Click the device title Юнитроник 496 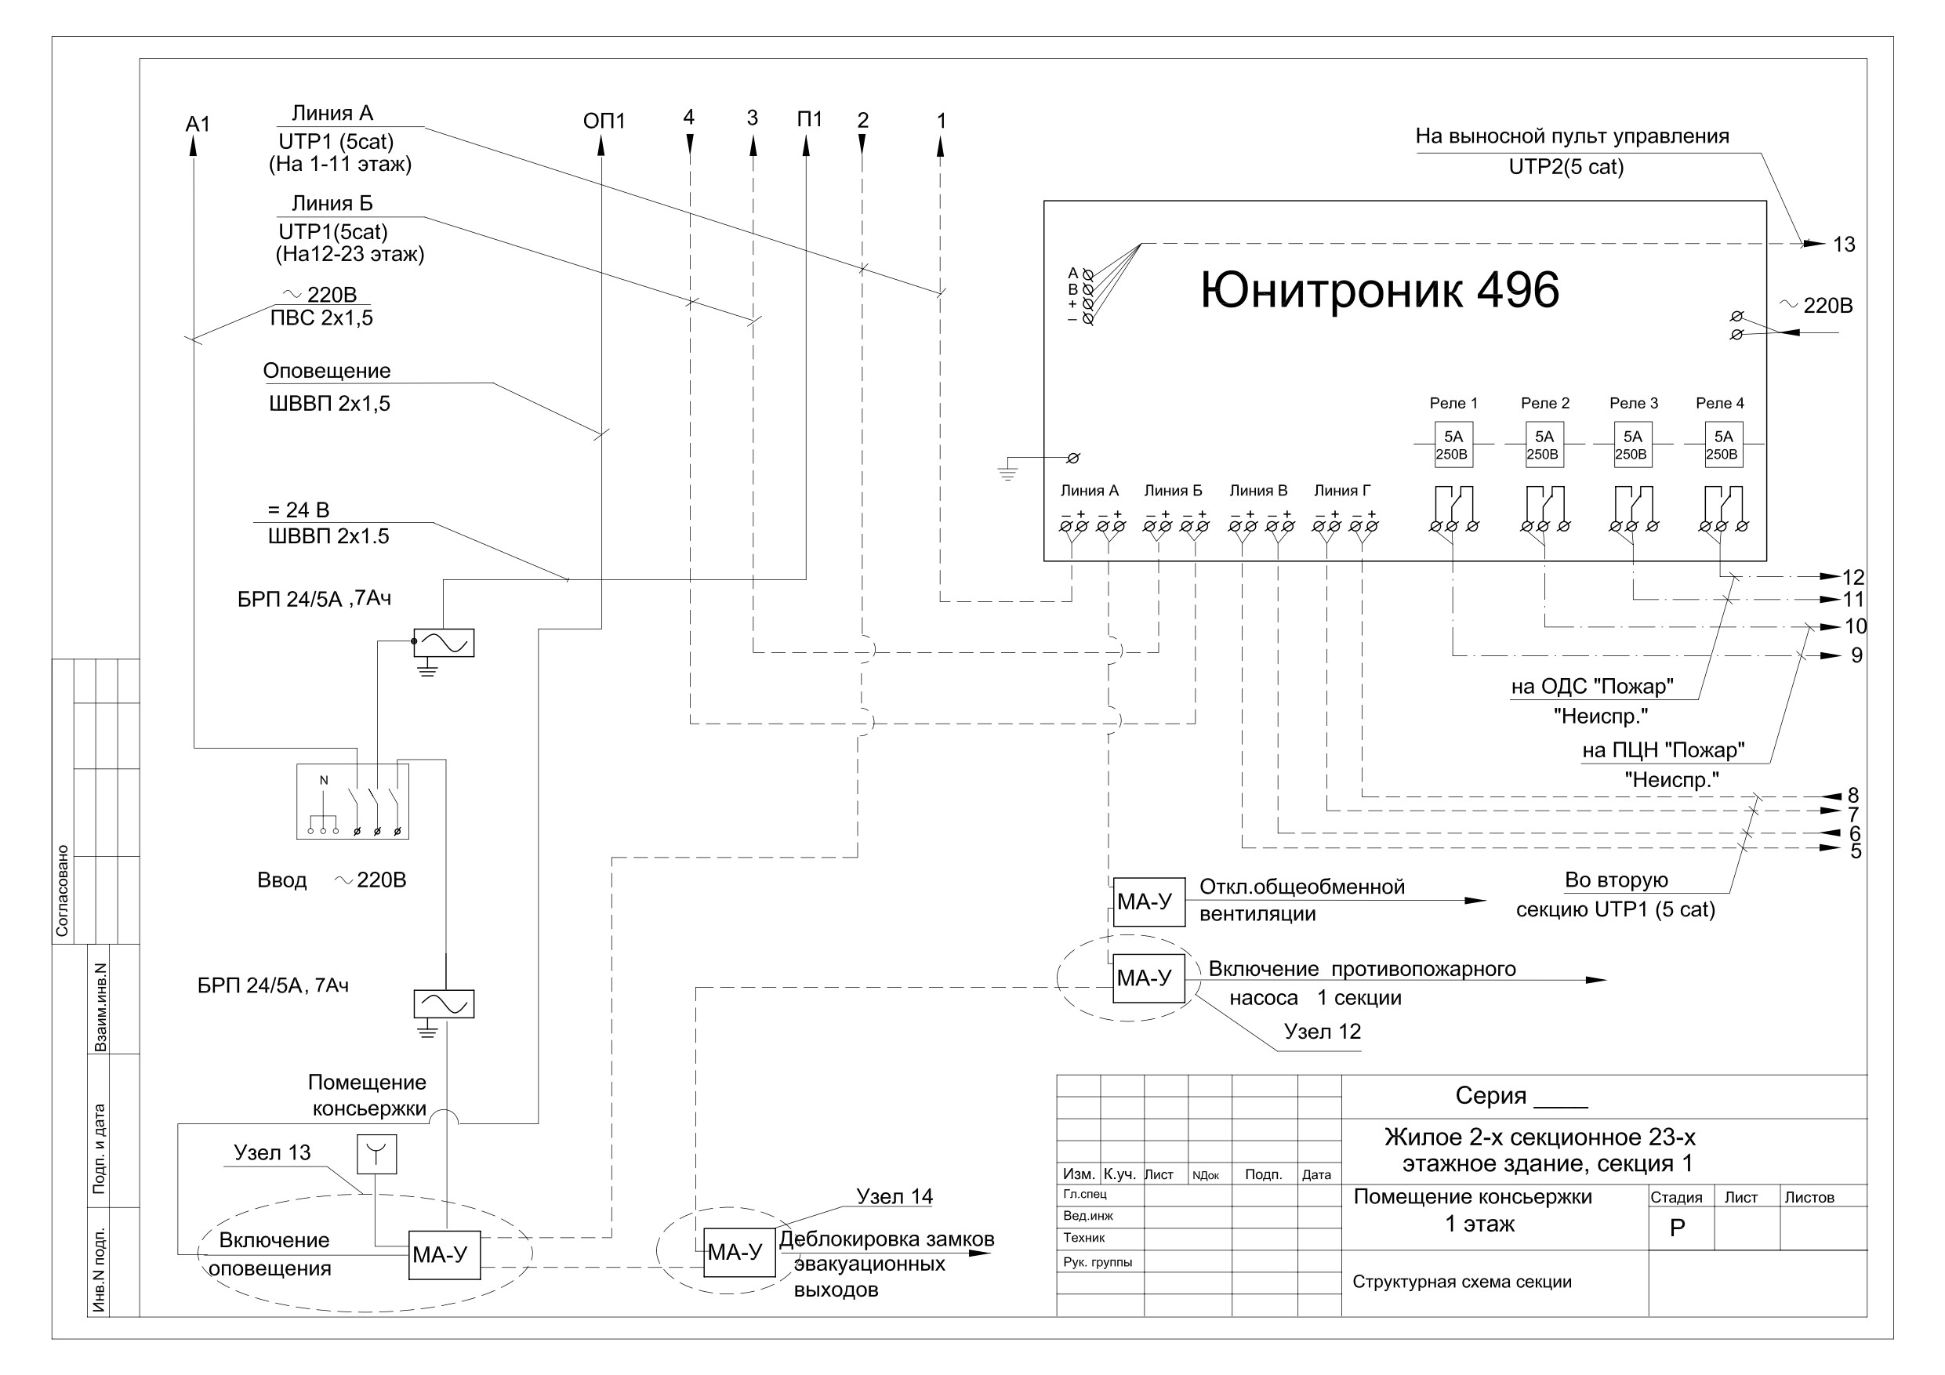[x=1380, y=291]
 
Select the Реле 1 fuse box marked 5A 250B [x=1453, y=444]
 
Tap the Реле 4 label [x=1720, y=403]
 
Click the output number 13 [x=1843, y=245]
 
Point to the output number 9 [x=1850, y=655]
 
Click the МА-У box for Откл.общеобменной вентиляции [x=1148, y=902]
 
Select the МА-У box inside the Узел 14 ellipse [x=739, y=1252]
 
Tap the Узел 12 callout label [x=1323, y=1032]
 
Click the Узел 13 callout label [x=272, y=1152]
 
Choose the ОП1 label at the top [x=604, y=122]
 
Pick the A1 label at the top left [x=198, y=125]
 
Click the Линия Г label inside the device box [x=1342, y=491]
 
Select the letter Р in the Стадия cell [x=1678, y=1228]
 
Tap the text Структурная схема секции [x=1462, y=1282]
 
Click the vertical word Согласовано [x=62, y=891]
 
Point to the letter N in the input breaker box [x=324, y=780]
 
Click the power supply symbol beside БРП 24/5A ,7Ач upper [x=444, y=643]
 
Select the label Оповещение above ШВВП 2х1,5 [x=327, y=371]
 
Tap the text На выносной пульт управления [x=1573, y=136]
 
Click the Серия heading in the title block [x=1491, y=1096]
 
